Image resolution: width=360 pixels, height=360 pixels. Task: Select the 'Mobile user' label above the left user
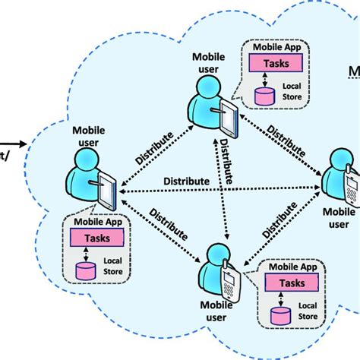coord(92,134)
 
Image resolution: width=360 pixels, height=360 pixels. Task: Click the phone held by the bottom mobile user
coord(229,283)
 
